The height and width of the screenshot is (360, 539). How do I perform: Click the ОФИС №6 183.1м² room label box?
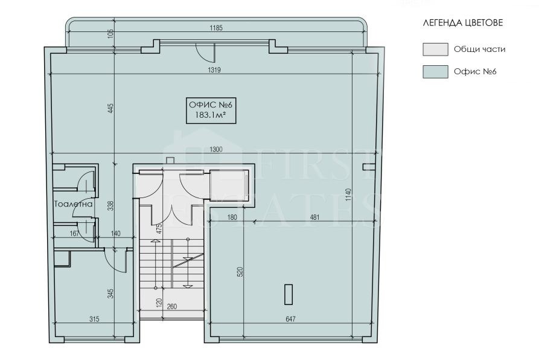coord(211,110)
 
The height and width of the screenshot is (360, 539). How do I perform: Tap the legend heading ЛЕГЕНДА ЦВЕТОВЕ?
coord(463,23)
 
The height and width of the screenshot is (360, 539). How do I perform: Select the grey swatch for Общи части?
coord(435,49)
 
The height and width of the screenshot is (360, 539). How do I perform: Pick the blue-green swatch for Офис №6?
coord(435,72)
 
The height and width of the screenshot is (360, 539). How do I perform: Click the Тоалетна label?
coord(74,204)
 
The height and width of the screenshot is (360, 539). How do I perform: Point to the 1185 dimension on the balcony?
coord(216,28)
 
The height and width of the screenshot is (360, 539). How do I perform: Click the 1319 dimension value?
coord(214,70)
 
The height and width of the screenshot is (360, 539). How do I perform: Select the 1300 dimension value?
coord(216,149)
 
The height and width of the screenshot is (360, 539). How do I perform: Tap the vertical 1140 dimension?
coord(348,194)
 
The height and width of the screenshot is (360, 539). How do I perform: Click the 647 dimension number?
coord(290,319)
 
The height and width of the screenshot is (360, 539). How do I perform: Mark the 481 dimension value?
coord(314,217)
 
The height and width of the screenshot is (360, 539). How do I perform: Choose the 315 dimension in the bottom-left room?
coord(94,319)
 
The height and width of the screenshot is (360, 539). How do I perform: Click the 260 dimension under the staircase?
coord(172,306)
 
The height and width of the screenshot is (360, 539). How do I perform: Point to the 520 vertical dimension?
coord(240,272)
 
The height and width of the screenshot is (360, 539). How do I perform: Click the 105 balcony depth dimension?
coord(110,34)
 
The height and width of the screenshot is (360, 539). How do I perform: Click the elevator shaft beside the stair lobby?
coord(229,185)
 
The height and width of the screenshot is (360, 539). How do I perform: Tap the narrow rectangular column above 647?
coord(289,295)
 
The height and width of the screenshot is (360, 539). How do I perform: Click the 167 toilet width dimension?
coord(75,234)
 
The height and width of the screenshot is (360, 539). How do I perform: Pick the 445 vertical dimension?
coord(110,108)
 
